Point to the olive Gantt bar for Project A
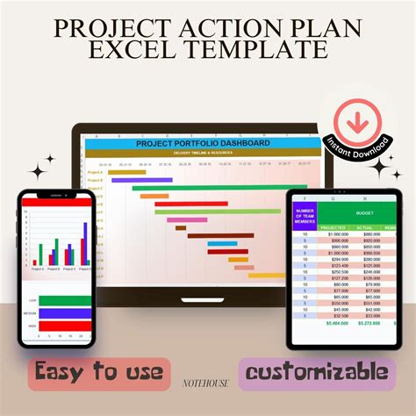point(114,172)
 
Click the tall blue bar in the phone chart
point(85,243)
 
